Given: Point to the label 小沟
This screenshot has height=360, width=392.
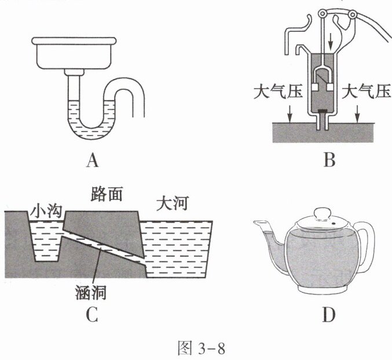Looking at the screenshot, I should click(43, 205).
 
